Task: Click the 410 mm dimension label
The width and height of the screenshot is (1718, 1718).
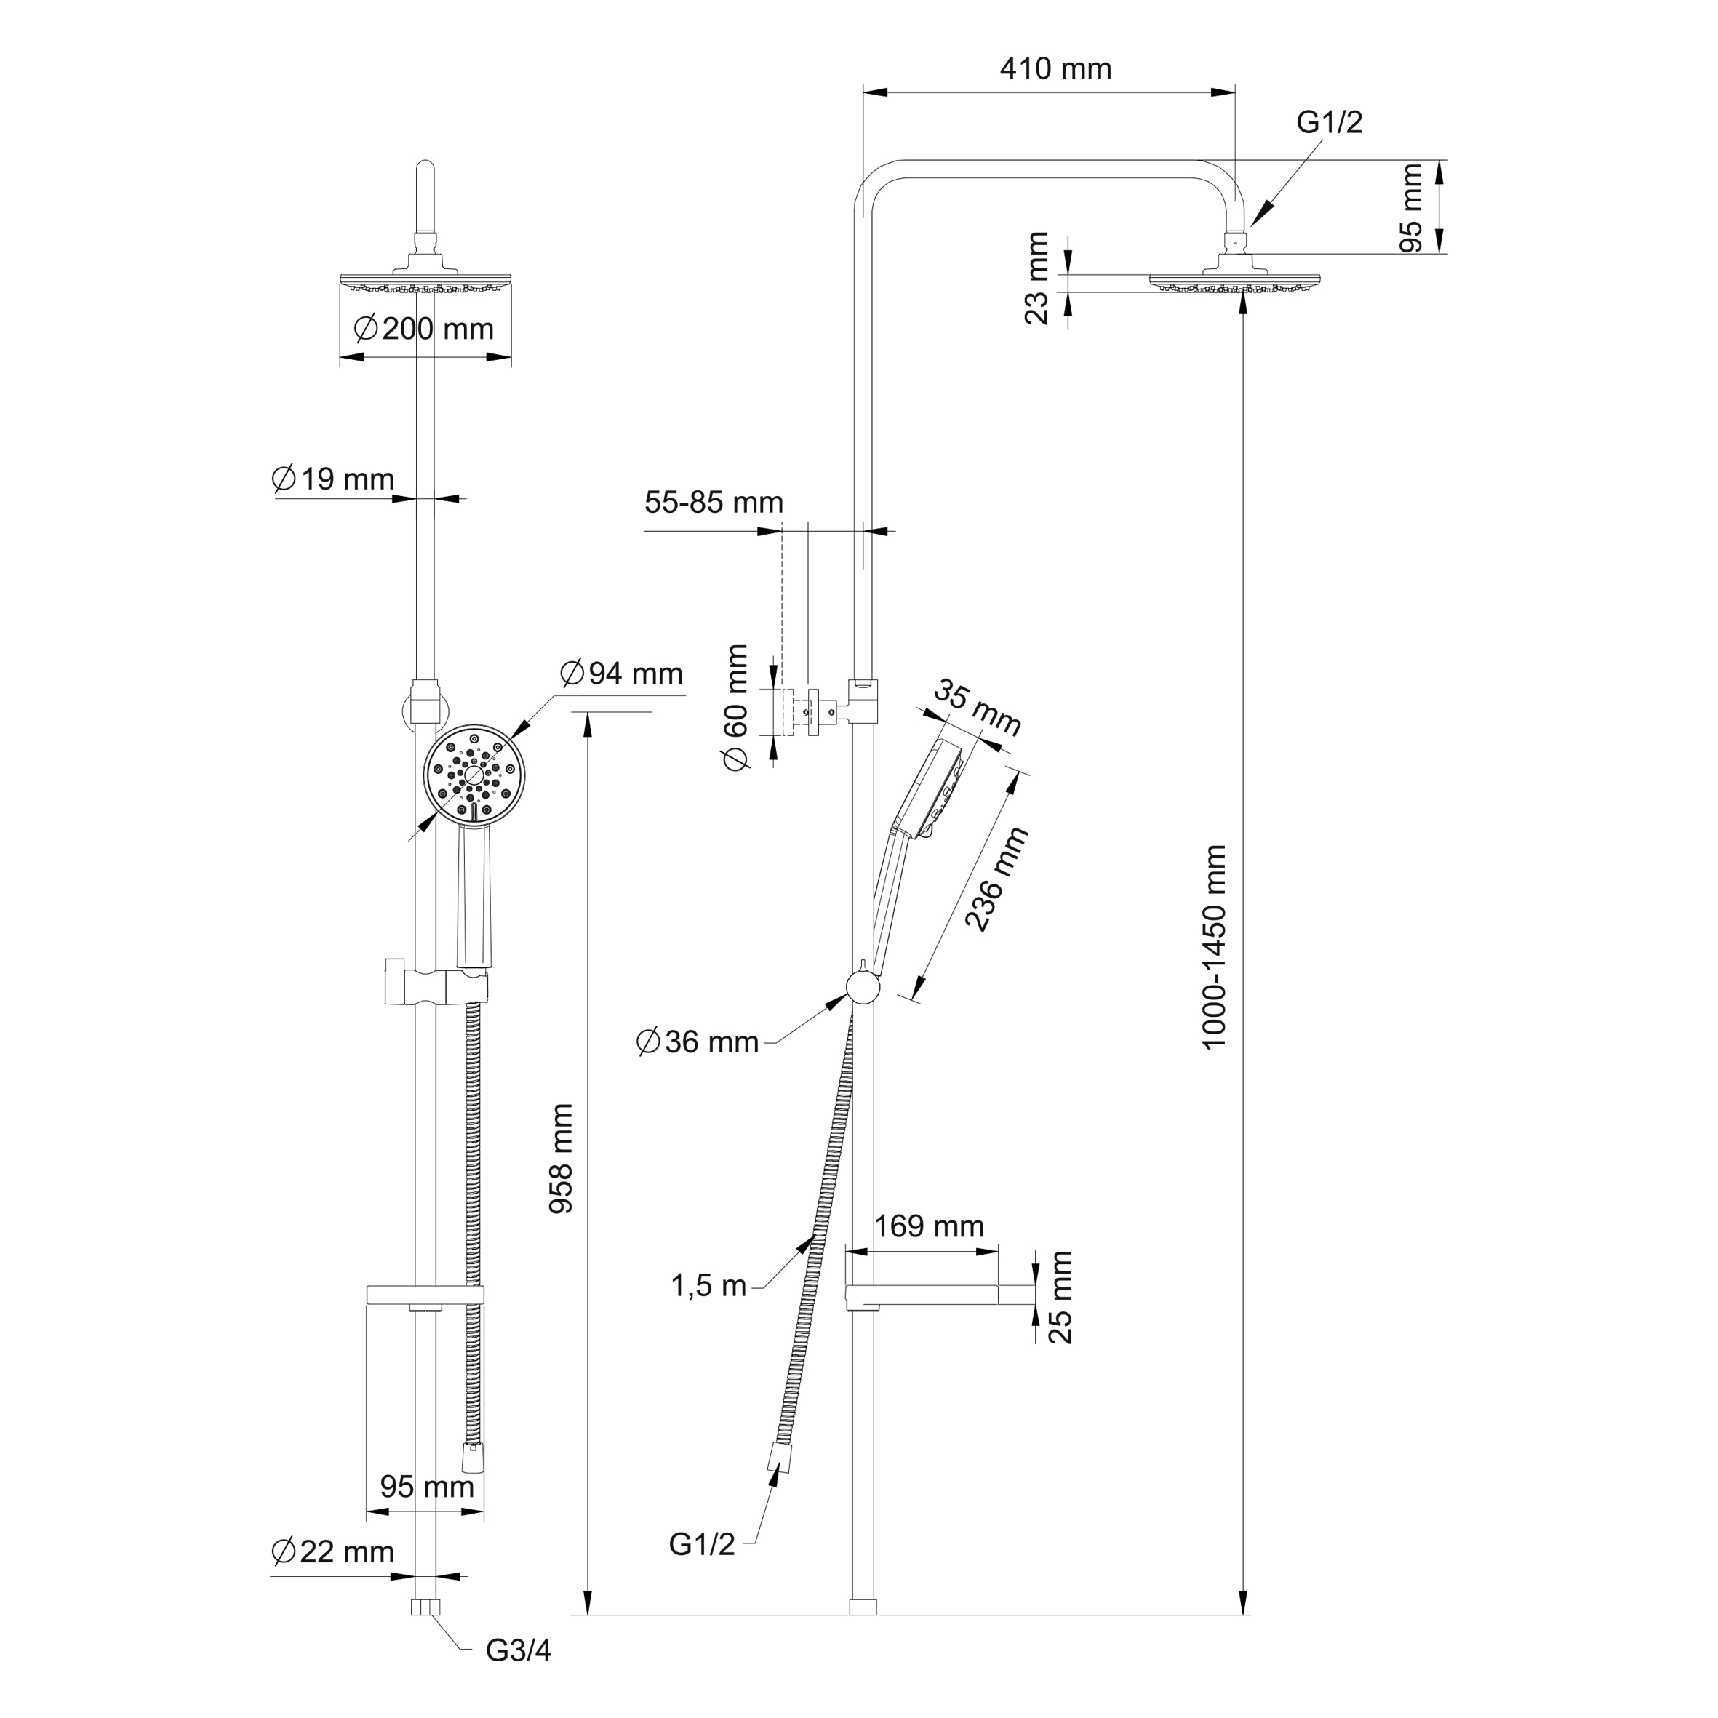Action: point(1055,69)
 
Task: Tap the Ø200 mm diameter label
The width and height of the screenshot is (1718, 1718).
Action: point(423,329)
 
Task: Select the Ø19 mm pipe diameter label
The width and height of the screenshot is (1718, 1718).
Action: point(332,479)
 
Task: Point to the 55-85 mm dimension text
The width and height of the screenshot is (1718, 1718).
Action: point(714,503)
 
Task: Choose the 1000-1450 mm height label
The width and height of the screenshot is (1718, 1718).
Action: point(1214,948)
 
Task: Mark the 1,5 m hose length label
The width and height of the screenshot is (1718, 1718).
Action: point(708,1286)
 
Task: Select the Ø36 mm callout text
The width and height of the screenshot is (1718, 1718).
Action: point(698,1042)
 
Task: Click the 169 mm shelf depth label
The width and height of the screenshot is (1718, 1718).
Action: point(930,1226)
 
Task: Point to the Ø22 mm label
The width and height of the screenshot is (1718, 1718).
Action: point(332,1551)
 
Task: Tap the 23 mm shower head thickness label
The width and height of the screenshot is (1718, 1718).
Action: point(1037,279)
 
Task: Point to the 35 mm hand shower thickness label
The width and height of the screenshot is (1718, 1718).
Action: point(978,708)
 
